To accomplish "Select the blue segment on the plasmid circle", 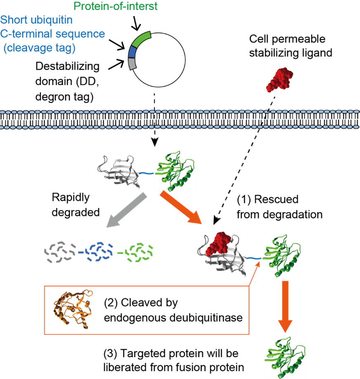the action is click(132, 52).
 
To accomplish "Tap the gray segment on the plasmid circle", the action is click(132, 64).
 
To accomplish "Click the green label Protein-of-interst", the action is click(115, 6).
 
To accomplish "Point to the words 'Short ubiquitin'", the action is click(36, 20).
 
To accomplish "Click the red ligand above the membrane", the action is click(280, 80).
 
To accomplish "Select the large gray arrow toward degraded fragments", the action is click(126, 210).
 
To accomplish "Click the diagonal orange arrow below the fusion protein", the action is click(181, 207).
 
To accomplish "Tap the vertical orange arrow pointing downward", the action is click(285, 306).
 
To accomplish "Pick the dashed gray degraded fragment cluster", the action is click(60, 252).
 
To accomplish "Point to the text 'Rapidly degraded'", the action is click(75, 205).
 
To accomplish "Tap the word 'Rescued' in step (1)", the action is click(276, 200).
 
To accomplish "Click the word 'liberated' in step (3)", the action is click(125, 367).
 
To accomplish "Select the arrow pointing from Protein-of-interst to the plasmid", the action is click(136, 24).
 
